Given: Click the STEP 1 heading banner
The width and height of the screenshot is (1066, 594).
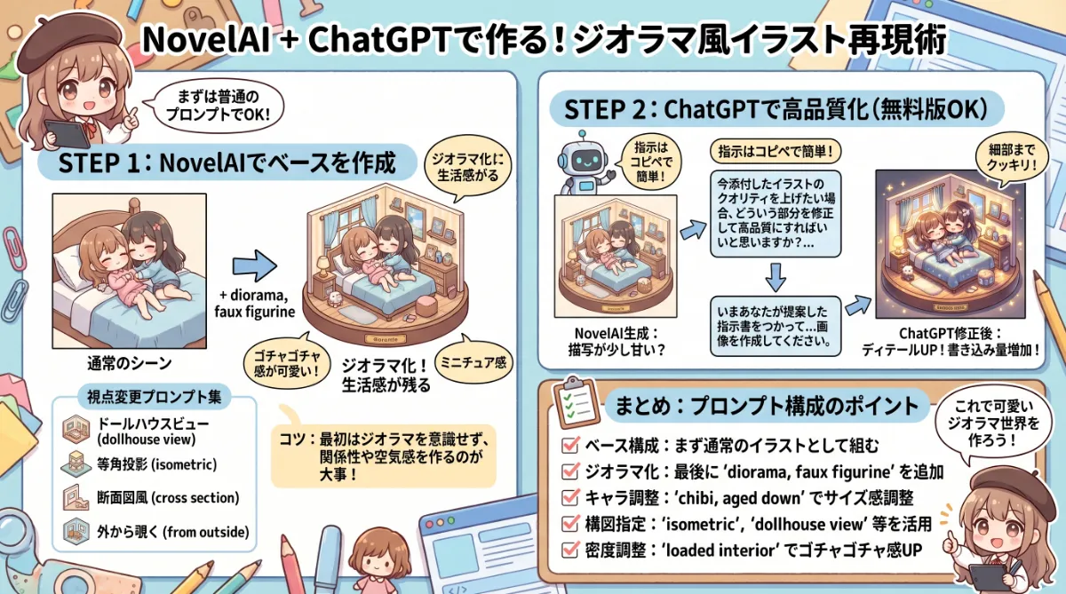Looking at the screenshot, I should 226,164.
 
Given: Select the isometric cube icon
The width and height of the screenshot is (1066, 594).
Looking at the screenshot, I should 74,463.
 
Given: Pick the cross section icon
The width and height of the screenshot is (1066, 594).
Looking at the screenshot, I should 74,497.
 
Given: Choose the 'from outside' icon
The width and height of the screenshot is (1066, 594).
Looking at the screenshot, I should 74,531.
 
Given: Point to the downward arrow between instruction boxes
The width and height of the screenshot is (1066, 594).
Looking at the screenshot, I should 776,277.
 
